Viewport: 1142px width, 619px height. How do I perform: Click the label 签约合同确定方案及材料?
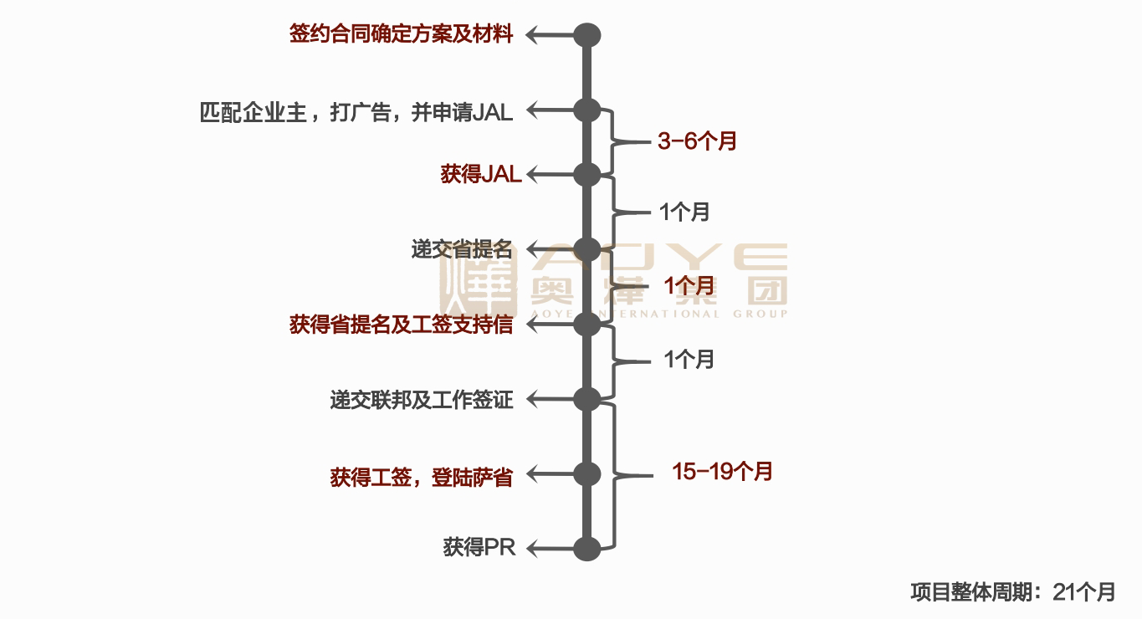401,34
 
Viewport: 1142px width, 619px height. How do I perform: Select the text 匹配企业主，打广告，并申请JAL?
356,112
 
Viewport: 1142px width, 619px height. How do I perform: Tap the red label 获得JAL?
481,174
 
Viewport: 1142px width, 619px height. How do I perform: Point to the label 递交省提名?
461,249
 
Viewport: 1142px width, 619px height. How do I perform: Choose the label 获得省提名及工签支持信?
401,325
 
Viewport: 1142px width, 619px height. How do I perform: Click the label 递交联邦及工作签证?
421,400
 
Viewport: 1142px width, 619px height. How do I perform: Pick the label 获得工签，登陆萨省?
421,477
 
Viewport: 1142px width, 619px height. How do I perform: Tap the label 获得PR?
479,549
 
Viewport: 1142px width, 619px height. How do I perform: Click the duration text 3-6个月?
697,141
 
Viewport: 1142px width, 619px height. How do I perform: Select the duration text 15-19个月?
722,472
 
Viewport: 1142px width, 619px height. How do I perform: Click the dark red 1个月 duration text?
689,284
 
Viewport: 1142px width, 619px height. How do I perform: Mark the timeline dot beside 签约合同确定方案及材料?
587,35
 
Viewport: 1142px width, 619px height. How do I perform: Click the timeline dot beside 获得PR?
587,549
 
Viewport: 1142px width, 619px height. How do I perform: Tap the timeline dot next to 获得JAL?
587,174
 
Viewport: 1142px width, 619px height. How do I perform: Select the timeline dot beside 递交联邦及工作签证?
587,399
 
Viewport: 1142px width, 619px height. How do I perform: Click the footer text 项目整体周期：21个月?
1012,592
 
